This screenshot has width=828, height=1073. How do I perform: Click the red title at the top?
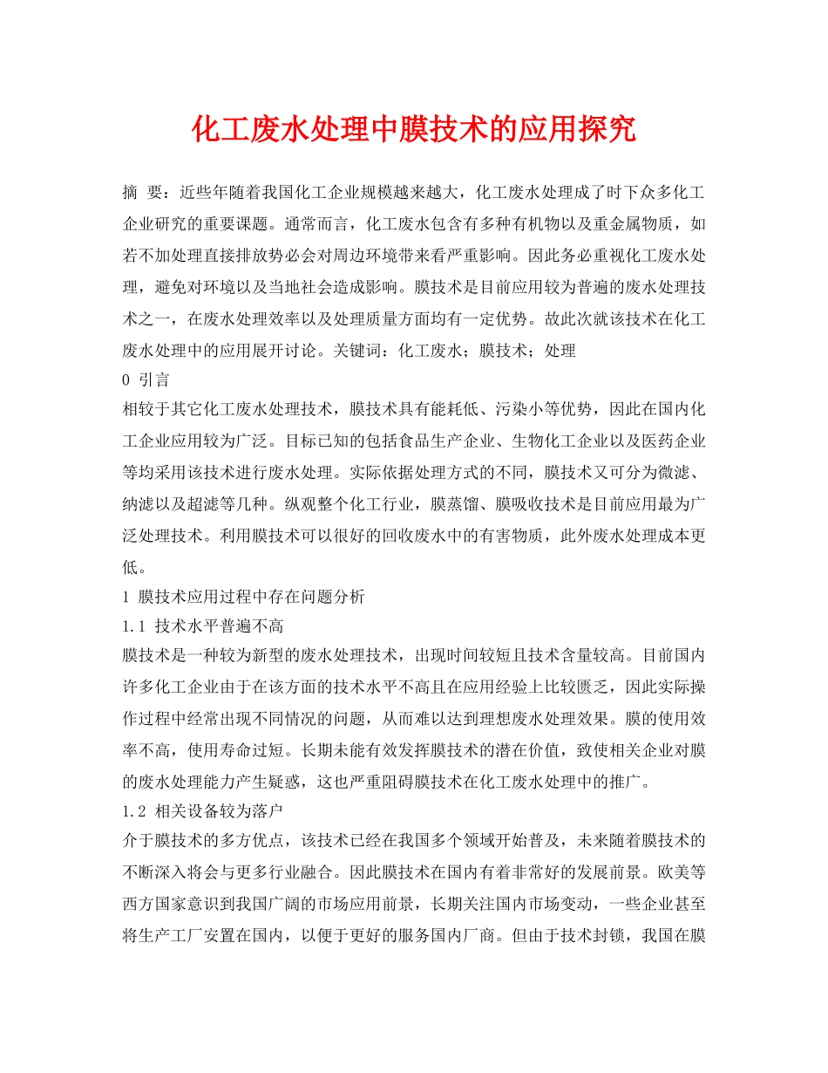pos(413,131)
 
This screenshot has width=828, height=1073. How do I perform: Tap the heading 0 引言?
pos(146,379)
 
